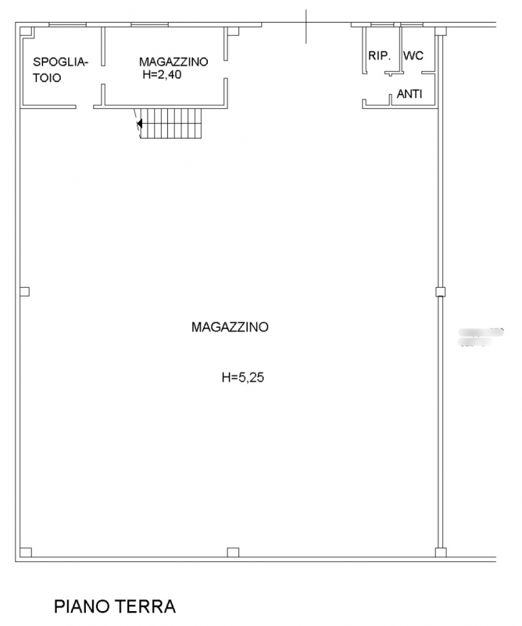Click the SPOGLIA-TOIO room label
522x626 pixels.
60,70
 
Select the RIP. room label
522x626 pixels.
380,56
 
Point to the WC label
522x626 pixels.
413,56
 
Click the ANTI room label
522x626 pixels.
410,94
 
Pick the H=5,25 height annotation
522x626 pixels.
245,377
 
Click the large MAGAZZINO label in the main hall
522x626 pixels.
230,327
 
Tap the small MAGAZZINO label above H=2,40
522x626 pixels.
173,62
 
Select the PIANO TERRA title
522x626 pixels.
115,606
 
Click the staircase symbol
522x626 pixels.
170,123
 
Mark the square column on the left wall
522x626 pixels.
24,292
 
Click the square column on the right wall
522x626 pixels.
440,292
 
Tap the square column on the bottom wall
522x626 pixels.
232,552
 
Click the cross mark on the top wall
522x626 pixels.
306,25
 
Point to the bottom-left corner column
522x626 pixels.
24,552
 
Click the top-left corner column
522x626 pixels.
27,31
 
